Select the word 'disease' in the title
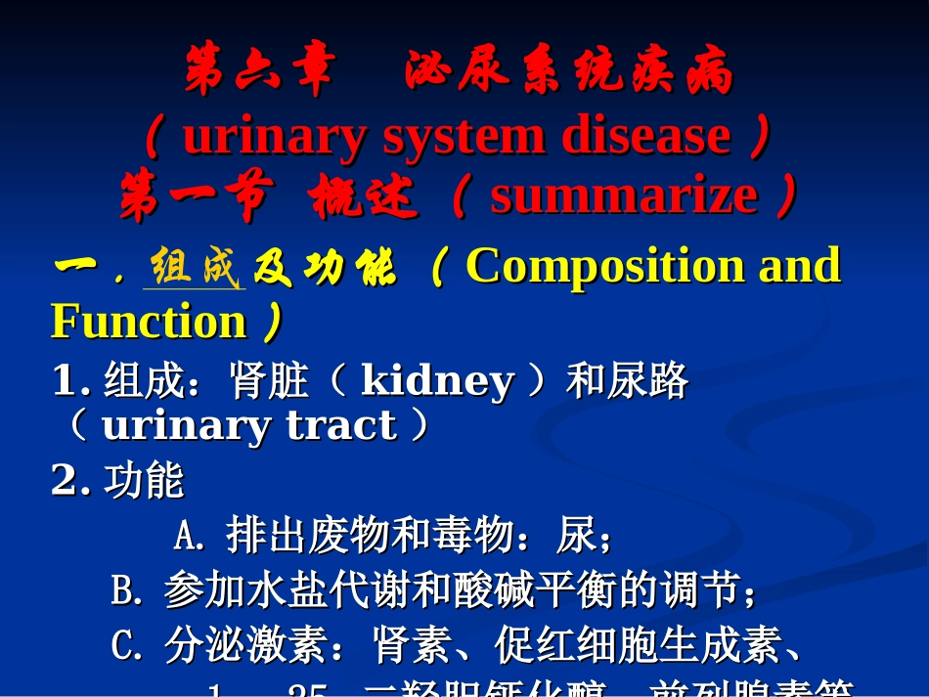click(645, 136)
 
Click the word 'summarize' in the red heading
click(624, 196)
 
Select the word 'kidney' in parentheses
click(437, 382)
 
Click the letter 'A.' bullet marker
click(191, 536)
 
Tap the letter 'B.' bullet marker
click(128, 590)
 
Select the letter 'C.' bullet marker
click(128, 645)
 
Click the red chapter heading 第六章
click(259, 74)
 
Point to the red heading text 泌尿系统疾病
click(568, 74)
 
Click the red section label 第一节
click(193, 197)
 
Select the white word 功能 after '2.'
click(144, 480)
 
